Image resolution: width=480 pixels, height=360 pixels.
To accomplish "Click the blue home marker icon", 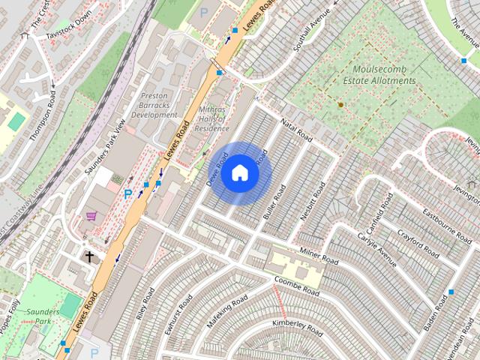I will pos(239,173).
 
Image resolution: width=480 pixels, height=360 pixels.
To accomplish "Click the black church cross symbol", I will pos(89,256).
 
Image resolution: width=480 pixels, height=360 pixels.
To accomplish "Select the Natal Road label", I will pos(295,127).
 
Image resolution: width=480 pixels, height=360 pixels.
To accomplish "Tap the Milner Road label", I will pos(319,255).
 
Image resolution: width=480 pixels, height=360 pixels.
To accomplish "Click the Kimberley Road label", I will pos(297,327).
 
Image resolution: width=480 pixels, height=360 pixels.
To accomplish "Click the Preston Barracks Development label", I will pos(154,106).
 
